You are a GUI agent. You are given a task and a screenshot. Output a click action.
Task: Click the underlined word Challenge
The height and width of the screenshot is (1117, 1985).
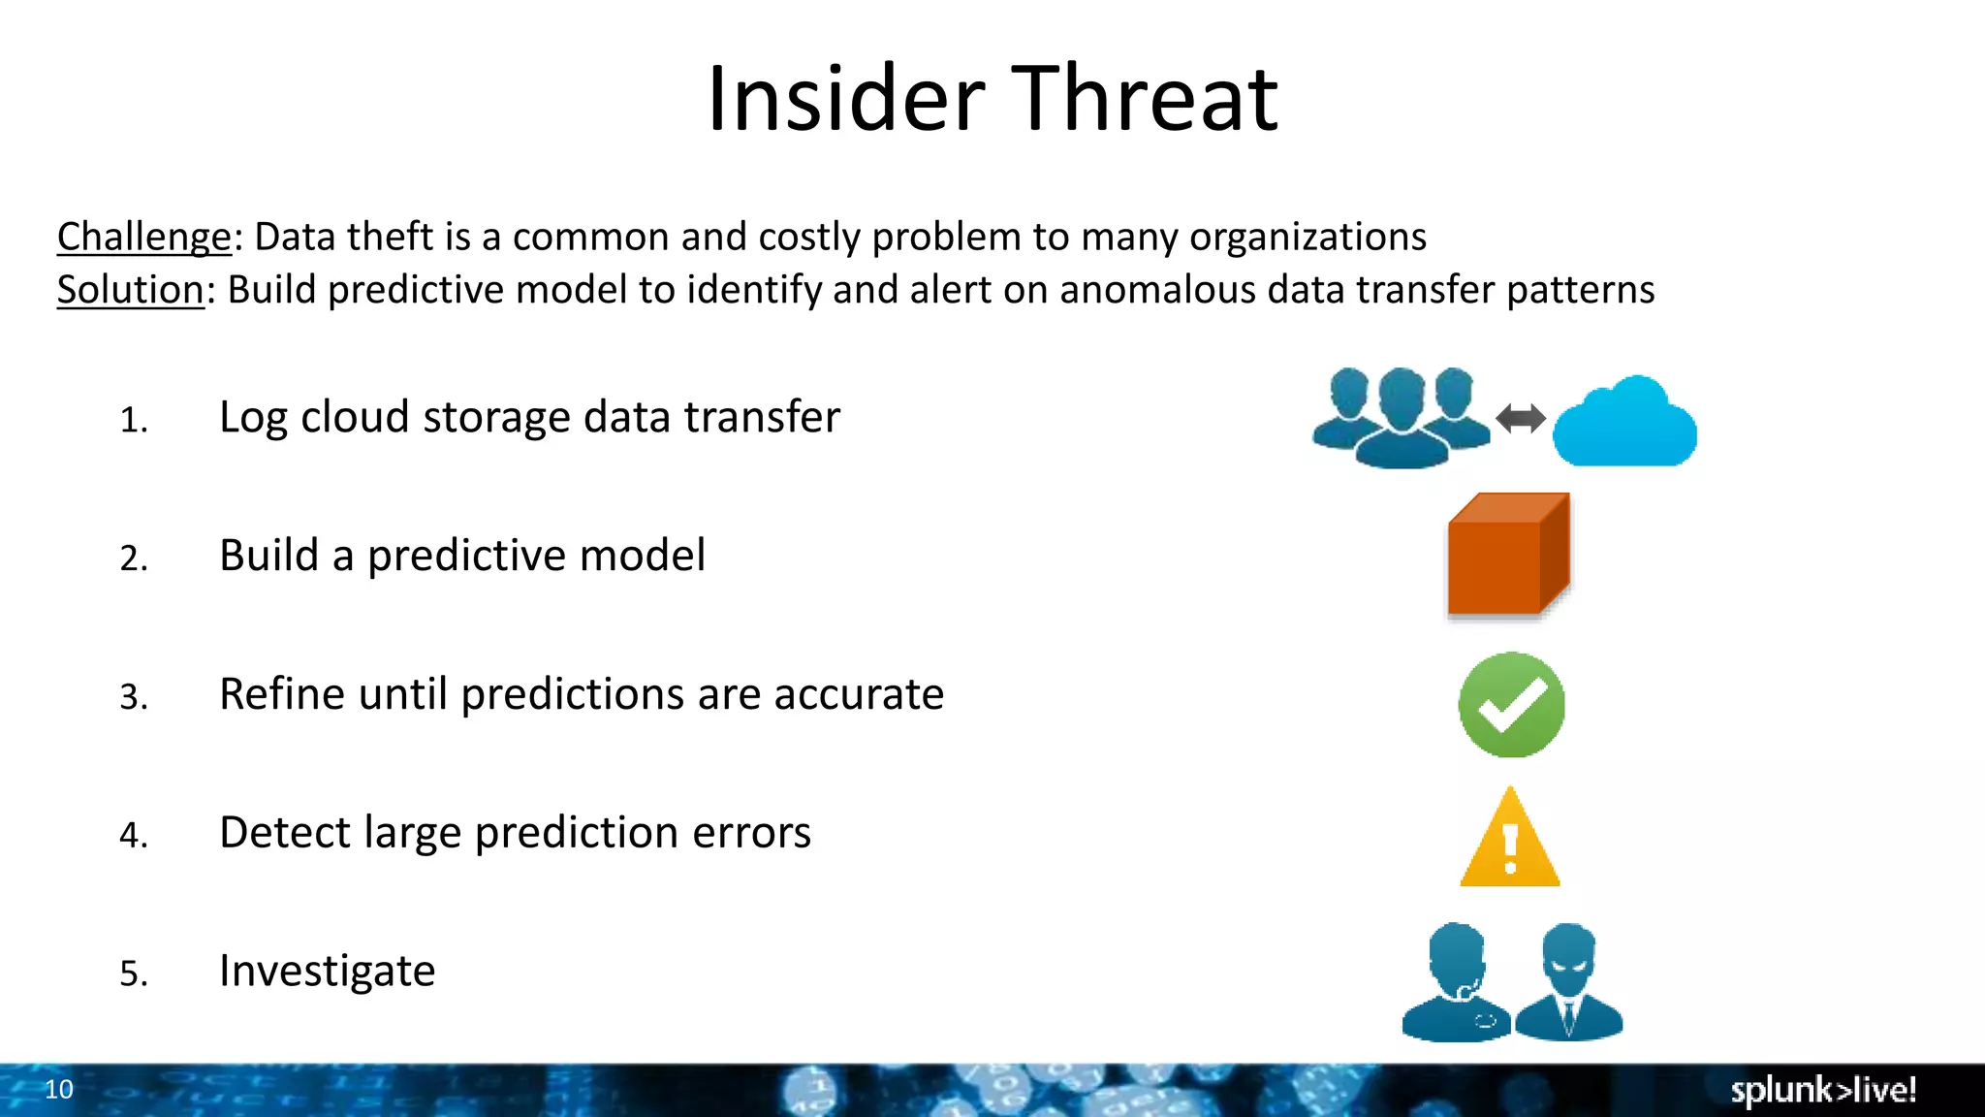(143, 238)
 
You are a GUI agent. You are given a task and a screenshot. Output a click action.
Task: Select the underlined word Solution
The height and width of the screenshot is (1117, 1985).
(130, 291)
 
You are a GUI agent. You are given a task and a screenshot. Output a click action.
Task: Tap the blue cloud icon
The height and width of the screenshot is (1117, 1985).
(1624, 425)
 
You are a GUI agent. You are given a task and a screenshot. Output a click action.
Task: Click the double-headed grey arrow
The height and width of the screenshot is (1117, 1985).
(1520, 419)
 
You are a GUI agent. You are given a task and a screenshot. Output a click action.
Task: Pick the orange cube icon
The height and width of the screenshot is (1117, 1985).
(1508, 556)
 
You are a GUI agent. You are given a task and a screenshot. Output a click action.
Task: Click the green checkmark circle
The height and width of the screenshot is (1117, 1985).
(1511, 705)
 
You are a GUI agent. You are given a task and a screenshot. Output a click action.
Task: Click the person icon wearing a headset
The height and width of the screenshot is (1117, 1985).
(1457, 983)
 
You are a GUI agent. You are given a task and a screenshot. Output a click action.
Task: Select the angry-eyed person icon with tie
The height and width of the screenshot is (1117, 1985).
(1568, 983)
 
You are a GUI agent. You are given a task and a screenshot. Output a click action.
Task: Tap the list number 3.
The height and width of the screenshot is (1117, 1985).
(134, 697)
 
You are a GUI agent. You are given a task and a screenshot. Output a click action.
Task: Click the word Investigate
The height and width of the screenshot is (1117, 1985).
(327, 972)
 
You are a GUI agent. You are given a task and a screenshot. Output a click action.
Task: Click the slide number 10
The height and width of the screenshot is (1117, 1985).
(59, 1090)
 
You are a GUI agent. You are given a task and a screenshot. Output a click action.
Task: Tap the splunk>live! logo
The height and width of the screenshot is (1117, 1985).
(1822, 1090)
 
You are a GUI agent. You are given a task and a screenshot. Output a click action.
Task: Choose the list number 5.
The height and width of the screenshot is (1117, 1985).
(134, 973)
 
